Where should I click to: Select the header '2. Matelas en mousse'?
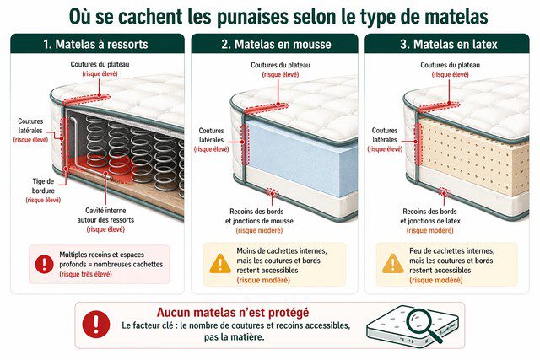click(276, 43)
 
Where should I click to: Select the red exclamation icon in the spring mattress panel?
click(44, 264)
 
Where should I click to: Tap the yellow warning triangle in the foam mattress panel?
click(219, 263)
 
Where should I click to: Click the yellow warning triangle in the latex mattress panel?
click(392, 263)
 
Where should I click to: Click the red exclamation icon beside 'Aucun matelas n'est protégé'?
click(98, 324)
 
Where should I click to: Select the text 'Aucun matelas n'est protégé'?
click(234, 311)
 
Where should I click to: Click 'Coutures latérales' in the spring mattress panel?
click(30, 126)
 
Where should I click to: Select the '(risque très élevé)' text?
click(89, 273)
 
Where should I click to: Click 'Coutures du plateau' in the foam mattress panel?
click(276, 65)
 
